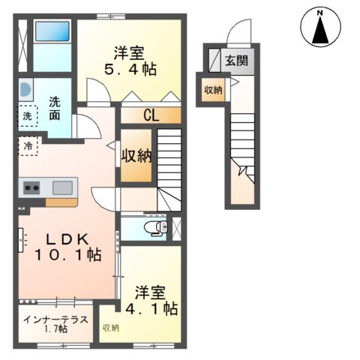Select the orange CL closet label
(x=151, y=115)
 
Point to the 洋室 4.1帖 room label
(x=156, y=299)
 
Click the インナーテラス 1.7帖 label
(x=56, y=323)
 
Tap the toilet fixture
(x=155, y=227)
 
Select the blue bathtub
(x=52, y=32)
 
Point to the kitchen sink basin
(x=61, y=187)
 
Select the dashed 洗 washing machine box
(x=27, y=116)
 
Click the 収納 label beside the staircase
(x=137, y=156)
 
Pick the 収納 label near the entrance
(x=212, y=90)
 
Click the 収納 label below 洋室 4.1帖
(x=110, y=328)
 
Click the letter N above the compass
(x=319, y=12)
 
